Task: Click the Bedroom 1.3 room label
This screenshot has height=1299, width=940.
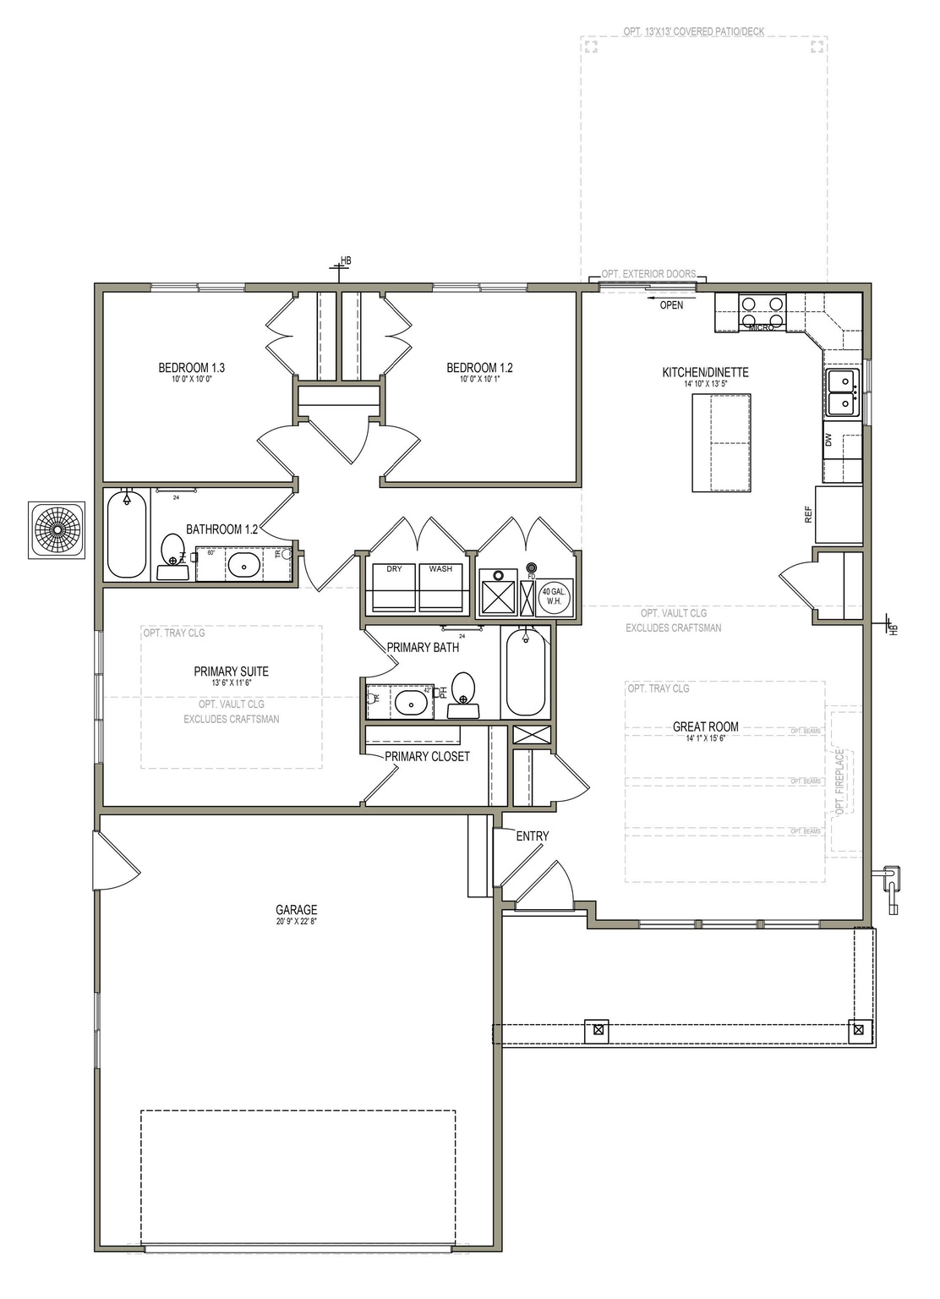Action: point(191,368)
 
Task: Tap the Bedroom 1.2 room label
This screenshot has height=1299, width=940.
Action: point(479,368)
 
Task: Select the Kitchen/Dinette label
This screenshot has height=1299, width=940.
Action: point(705,372)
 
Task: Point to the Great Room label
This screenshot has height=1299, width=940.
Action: point(705,726)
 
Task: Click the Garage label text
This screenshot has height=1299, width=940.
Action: point(296,910)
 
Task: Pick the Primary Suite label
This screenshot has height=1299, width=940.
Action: point(231,671)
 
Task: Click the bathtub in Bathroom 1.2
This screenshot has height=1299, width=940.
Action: point(127,534)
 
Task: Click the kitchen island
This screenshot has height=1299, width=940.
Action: point(721,442)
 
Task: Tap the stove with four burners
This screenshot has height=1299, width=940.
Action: point(762,308)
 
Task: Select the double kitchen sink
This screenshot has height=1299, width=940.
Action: point(841,392)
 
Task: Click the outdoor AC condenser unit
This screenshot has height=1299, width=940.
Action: point(57,529)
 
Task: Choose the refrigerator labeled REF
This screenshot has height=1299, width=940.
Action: point(838,514)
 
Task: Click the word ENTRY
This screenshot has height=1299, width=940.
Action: point(532,836)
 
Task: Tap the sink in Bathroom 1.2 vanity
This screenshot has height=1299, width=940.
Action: point(244,565)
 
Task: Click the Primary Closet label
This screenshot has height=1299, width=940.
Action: point(427,756)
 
